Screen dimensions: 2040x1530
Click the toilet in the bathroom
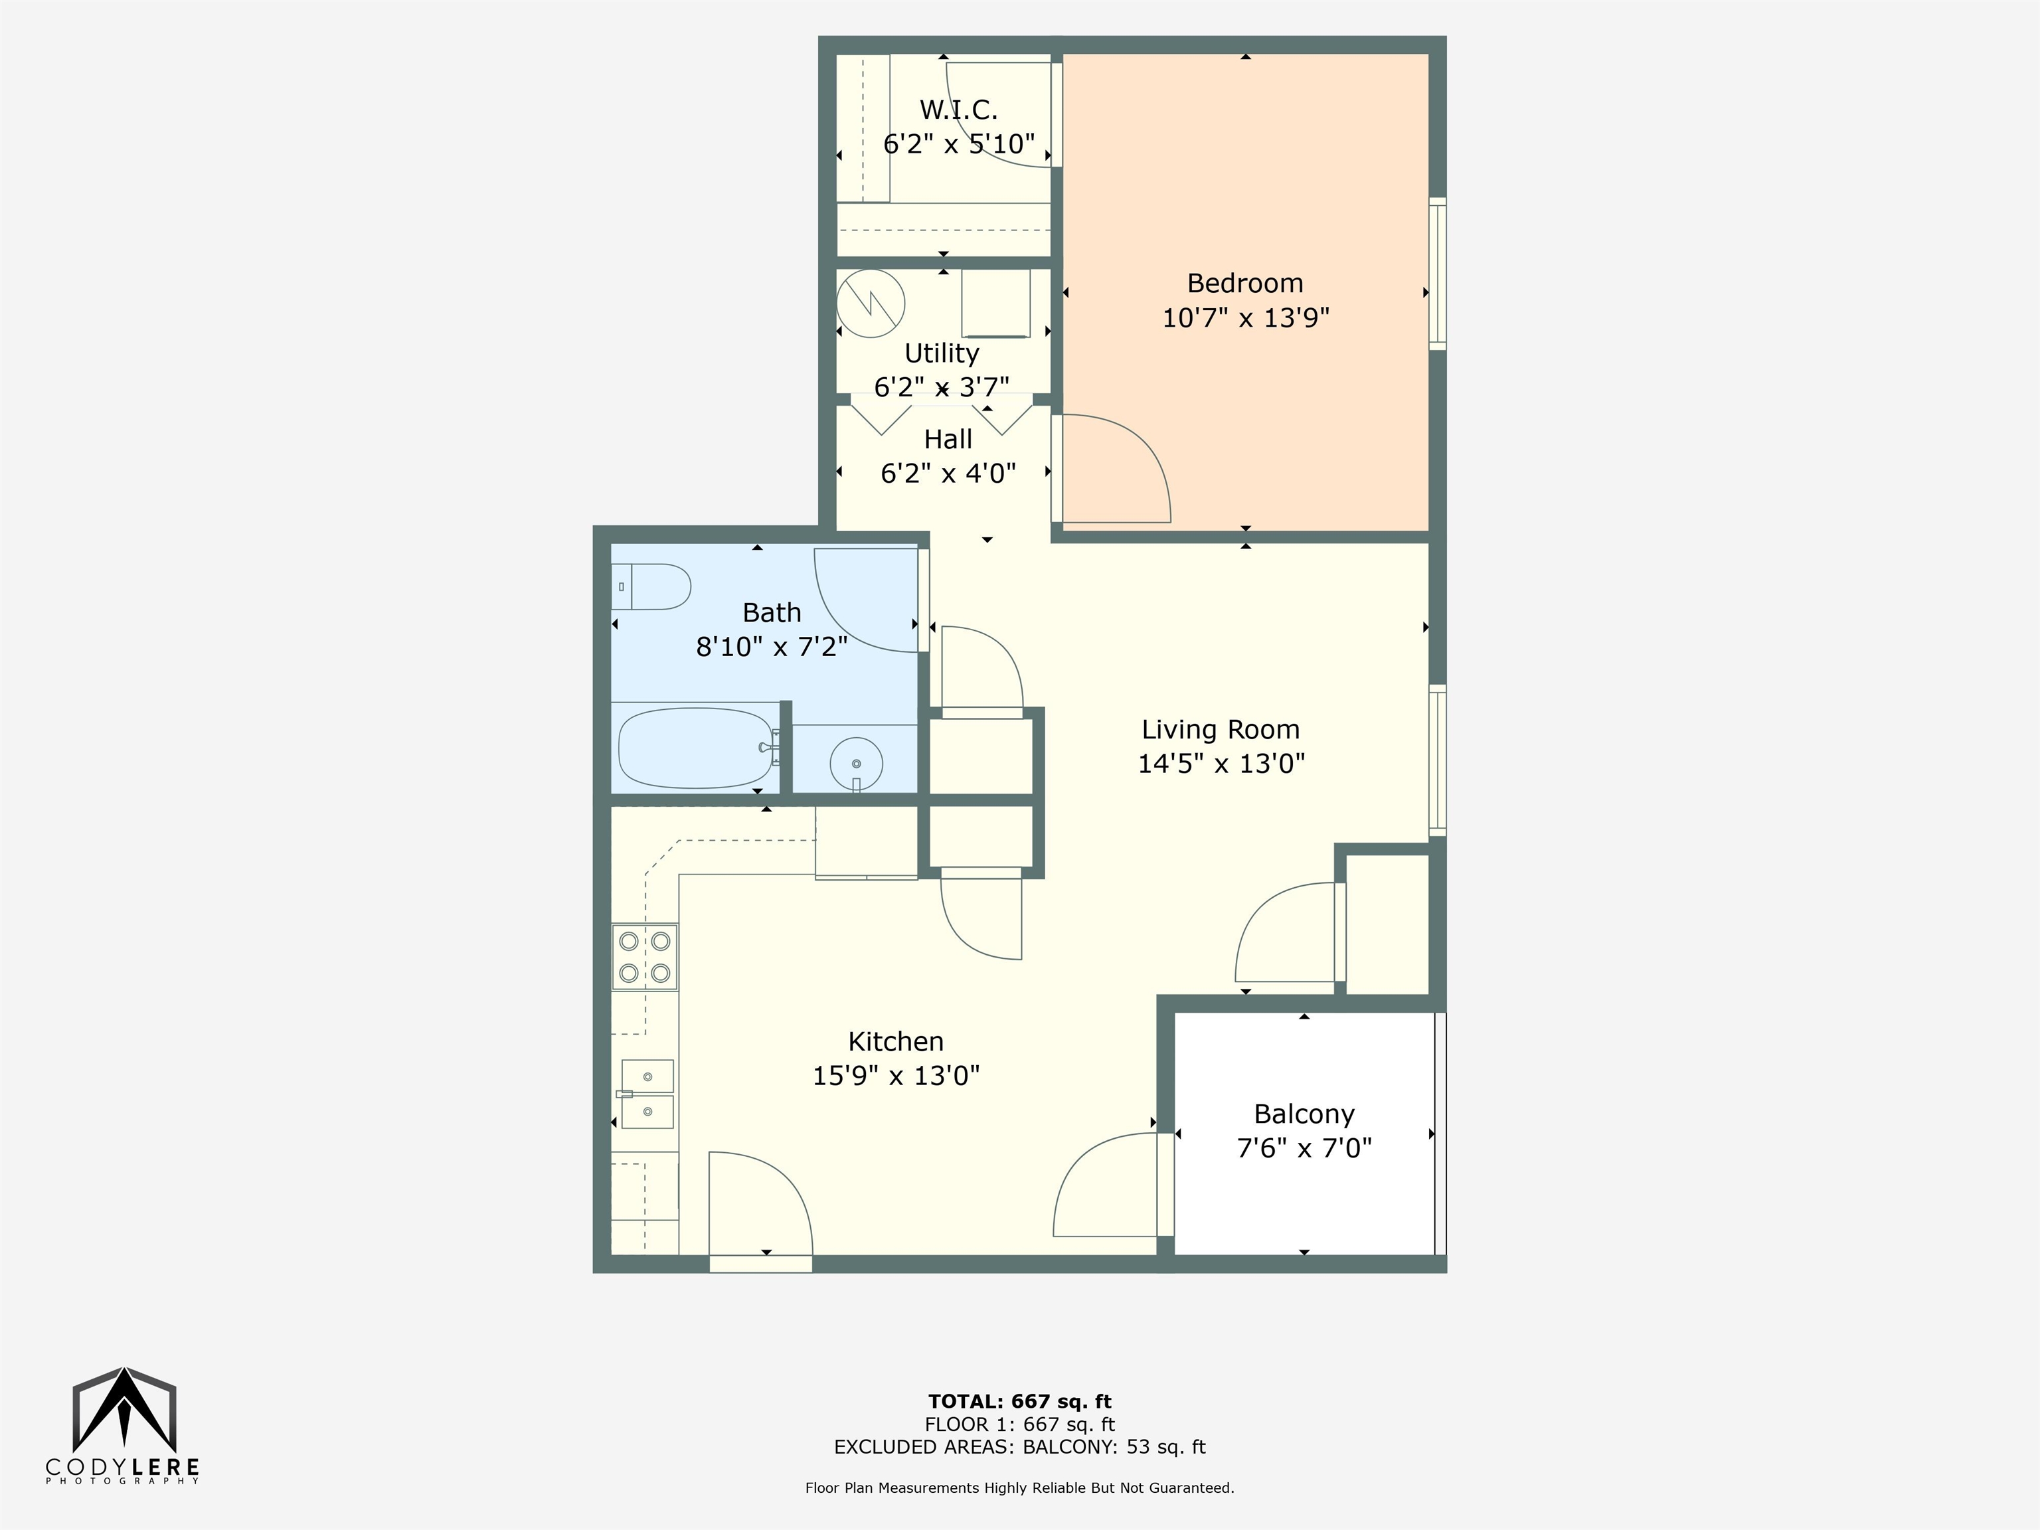point(651,586)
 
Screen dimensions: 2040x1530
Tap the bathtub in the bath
point(695,747)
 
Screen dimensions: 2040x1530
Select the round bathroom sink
point(856,763)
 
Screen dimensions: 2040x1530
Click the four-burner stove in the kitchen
point(645,956)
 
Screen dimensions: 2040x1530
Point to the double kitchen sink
point(647,1094)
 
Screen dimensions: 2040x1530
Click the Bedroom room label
point(1245,283)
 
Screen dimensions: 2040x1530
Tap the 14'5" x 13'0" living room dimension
point(1221,764)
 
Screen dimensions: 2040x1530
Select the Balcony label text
point(1304,1114)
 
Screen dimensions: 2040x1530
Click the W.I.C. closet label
point(958,110)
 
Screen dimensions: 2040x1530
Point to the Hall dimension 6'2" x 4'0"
point(948,473)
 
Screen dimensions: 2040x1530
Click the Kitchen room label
point(896,1041)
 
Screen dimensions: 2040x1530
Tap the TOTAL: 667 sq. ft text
point(1019,1402)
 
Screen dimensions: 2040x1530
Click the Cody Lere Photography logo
point(124,1426)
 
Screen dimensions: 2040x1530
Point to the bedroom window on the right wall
point(1437,273)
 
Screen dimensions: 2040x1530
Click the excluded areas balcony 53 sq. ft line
point(1019,1446)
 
